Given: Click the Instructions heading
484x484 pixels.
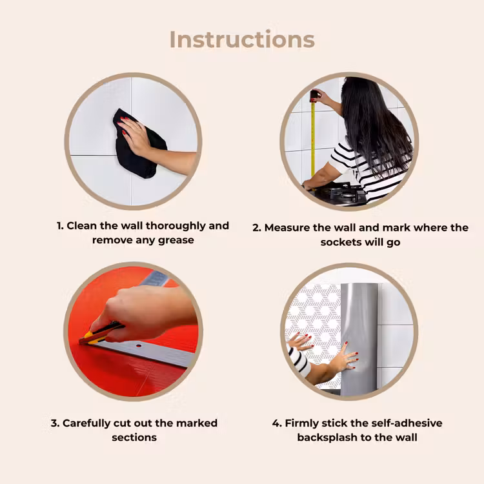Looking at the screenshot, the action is click(x=242, y=39).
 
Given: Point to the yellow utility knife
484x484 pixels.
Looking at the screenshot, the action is click(x=100, y=334).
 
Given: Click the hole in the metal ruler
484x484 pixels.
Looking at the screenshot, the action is click(x=139, y=345).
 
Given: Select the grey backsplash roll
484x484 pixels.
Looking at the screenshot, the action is click(x=359, y=339).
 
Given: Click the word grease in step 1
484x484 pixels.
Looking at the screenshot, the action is click(x=176, y=241).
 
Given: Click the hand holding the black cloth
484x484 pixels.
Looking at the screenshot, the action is click(x=136, y=136).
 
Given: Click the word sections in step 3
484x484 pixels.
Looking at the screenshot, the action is click(x=134, y=438).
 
